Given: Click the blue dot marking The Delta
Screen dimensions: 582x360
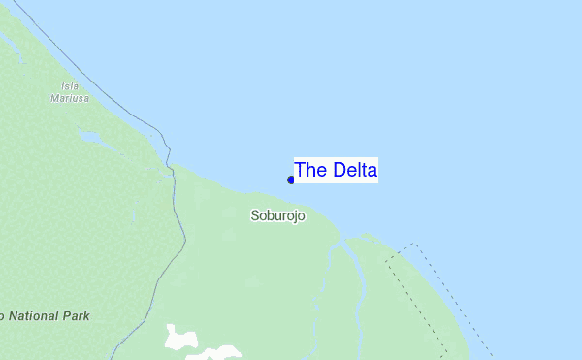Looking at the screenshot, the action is click(x=291, y=180).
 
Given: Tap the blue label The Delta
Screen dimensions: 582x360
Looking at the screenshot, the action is click(x=336, y=170).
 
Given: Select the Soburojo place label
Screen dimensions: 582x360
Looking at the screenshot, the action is click(x=277, y=216).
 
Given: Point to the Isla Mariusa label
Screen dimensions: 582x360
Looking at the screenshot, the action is click(x=70, y=92).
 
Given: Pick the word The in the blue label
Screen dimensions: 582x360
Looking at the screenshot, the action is click(x=310, y=170).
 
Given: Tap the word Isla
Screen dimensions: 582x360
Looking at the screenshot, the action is click(x=70, y=86).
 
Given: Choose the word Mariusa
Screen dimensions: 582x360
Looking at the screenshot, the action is click(x=70, y=98).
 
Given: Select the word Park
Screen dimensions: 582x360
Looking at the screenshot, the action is click(x=75, y=316).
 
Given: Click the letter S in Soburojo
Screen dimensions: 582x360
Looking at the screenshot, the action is click(x=254, y=216).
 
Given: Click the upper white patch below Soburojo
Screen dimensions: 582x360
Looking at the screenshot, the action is click(x=179, y=337).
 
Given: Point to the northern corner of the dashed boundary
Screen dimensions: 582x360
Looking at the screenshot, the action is click(x=414, y=245).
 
